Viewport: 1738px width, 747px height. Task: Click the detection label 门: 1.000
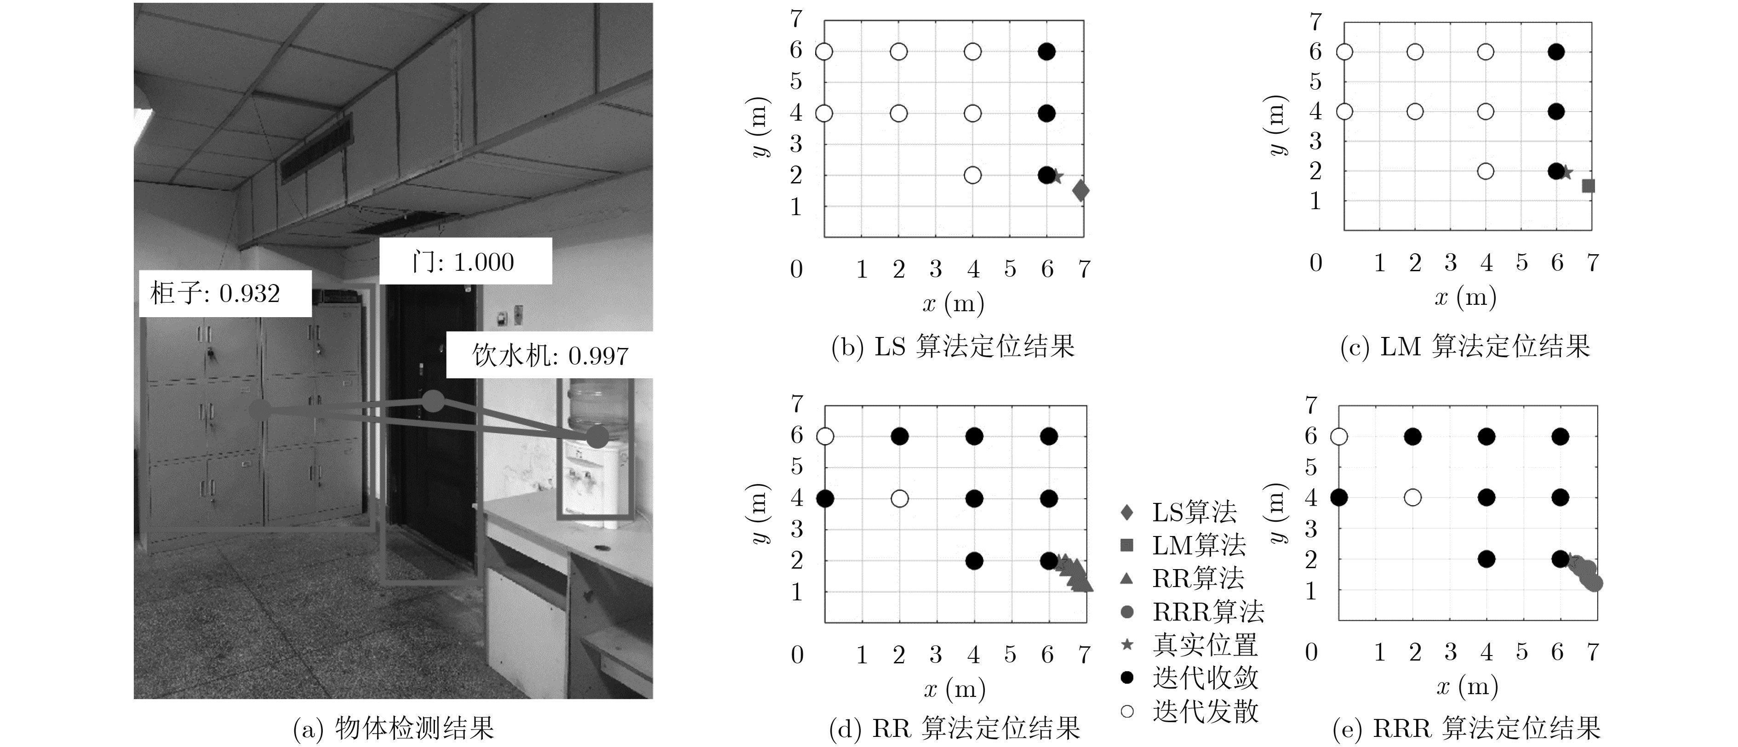click(465, 261)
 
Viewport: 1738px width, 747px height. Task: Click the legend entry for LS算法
click(1179, 512)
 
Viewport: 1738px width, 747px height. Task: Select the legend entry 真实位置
click(1189, 644)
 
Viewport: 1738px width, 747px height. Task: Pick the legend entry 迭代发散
click(1189, 711)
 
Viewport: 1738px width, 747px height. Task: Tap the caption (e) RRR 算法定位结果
click(1467, 729)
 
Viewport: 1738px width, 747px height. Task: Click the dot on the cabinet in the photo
click(260, 410)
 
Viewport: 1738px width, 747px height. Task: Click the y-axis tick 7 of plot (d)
click(797, 404)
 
